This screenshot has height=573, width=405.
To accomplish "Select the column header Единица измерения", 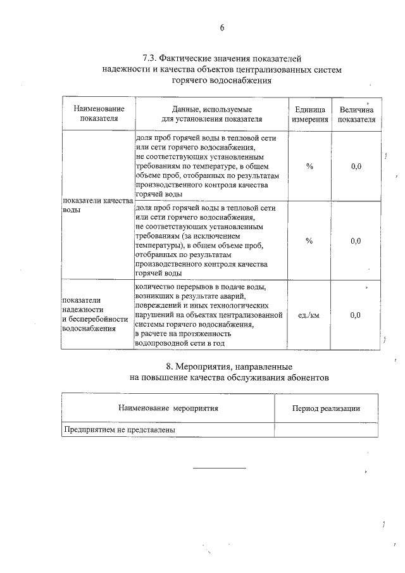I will (309, 114).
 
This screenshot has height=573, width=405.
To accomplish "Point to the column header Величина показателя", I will (356, 114).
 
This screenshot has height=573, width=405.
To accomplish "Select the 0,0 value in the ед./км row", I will (356, 315).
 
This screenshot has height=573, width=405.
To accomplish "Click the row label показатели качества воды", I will (97, 205).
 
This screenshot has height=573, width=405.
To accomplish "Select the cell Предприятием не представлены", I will (120, 429).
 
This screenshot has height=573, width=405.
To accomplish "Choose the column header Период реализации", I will (326, 408).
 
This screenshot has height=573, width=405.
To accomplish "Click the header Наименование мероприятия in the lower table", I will (168, 408).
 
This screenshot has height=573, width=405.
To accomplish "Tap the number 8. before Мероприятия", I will (169, 367).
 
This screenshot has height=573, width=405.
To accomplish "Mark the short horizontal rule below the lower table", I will (219, 468).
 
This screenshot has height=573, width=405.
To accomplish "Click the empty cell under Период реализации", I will (326, 429).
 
